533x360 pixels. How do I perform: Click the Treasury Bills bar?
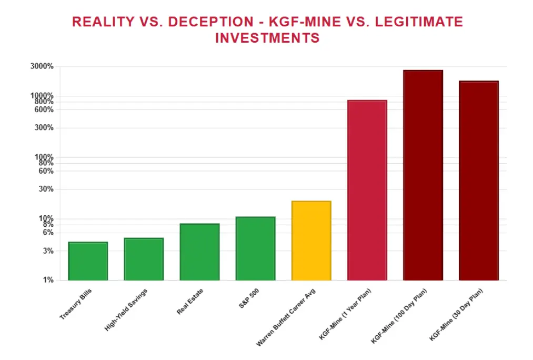(x=88, y=261)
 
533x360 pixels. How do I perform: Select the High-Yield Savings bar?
(x=144, y=259)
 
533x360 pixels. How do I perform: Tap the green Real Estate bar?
(x=199, y=252)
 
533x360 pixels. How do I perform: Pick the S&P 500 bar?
(x=255, y=248)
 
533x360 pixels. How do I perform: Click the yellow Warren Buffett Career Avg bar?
(x=311, y=241)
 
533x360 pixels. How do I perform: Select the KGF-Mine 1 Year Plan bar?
(x=367, y=190)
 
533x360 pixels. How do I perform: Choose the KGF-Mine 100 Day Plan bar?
(x=423, y=175)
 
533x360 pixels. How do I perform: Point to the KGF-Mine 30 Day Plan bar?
(x=479, y=181)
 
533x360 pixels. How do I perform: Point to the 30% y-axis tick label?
(x=47, y=189)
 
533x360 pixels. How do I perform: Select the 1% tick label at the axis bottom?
(x=48, y=280)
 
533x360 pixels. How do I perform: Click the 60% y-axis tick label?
(x=47, y=171)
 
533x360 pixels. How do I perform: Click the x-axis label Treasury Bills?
(x=76, y=305)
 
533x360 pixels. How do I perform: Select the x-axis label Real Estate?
(x=190, y=302)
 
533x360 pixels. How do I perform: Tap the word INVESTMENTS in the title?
(x=267, y=38)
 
